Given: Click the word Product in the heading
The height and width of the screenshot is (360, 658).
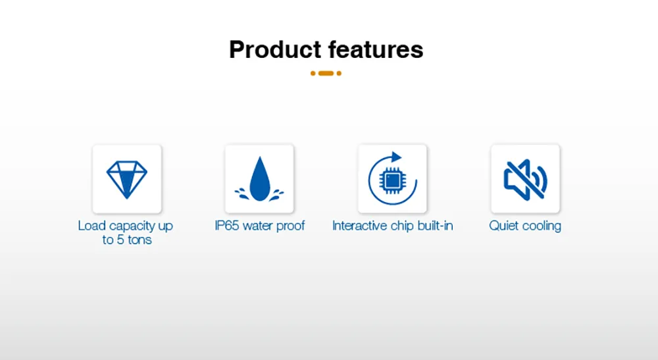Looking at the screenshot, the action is point(275,49).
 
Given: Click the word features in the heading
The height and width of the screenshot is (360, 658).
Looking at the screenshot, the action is point(376,49).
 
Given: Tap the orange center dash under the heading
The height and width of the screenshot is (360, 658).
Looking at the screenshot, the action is point(326,74).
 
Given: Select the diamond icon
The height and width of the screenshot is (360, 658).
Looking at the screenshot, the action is point(127,179).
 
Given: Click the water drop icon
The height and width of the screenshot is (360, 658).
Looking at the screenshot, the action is point(259,179).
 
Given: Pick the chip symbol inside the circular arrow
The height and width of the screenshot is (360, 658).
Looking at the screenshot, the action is point(392,181).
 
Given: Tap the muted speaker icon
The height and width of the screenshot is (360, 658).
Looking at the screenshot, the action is point(525,180).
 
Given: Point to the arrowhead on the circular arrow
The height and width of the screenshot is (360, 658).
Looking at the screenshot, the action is point(395,157).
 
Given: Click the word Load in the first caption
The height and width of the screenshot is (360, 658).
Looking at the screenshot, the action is point(92,226).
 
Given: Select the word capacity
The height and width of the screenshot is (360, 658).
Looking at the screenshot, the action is point(132,226).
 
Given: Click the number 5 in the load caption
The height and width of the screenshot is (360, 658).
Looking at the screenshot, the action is point(120,240).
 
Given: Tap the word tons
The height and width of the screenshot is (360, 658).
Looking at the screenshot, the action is point(139,240).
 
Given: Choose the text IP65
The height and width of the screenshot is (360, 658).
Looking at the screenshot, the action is point(227,226).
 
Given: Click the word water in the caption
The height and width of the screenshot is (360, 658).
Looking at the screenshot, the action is point(258,226).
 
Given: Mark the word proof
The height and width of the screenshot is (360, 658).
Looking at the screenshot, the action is point(290,226).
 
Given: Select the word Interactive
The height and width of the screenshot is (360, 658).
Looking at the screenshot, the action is point(360,226).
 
